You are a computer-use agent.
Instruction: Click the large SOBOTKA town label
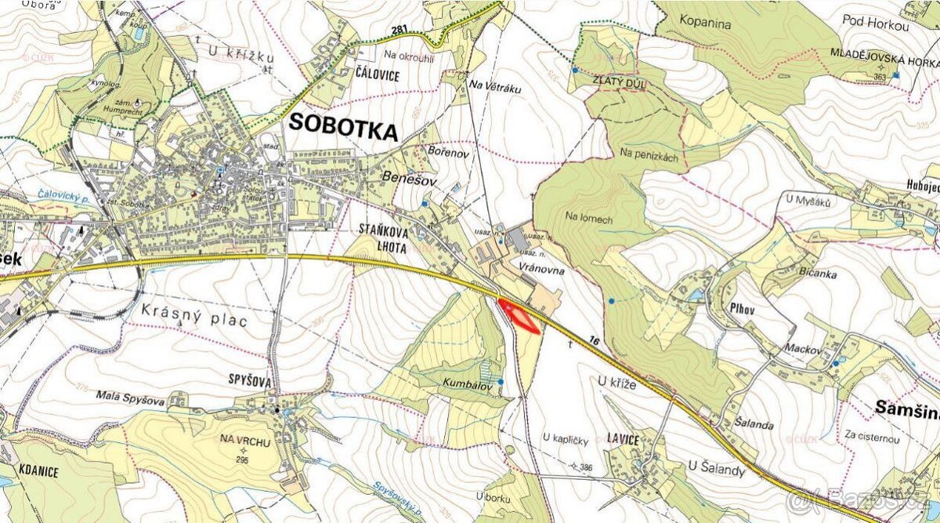(343, 125)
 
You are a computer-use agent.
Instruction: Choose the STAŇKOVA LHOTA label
(389, 237)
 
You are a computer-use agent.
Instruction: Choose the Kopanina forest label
(705, 24)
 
